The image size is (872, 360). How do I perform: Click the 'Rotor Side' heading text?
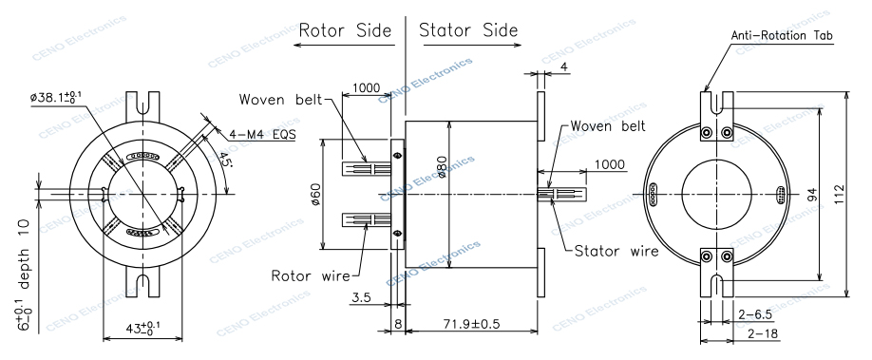345,29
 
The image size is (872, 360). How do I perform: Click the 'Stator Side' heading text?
468,29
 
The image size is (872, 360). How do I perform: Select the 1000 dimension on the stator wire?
609,164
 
